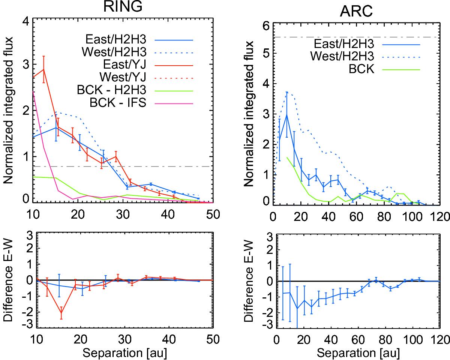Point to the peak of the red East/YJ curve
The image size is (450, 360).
pos(44,69)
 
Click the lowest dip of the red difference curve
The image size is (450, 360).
pos(61,313)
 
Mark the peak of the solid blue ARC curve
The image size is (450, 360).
pos(287,115)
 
